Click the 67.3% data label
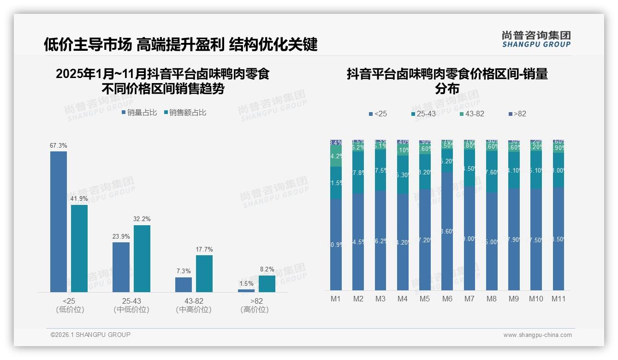(x=59, y=145)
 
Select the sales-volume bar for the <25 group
(x=59, y=222)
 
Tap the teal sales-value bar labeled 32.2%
(x=142, y=258)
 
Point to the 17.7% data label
(x=204, y=250)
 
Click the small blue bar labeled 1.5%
(x=246, y=290)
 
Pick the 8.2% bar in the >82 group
(x=267, y=283)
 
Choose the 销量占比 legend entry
(x=139, y=113)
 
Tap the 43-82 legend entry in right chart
(x=472, y=114)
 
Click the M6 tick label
(x=447, y=299)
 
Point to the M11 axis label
(x=559, y=299)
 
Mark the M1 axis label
(x=335, y=299)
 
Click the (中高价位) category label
(x=194, y=310)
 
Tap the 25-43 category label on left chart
(x=131, y=301)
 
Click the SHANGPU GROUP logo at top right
(x=536, y=39)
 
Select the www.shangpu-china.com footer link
(x=537, y=335)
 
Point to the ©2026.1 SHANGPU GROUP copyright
(x=90, y=335)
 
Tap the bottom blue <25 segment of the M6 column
(x=447, y=231)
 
